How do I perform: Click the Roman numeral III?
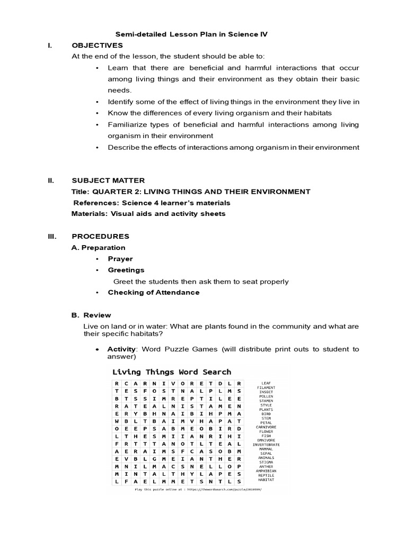tap(51, 237)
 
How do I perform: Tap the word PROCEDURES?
tap(100, 237)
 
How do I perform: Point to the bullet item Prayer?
tap(120, 259)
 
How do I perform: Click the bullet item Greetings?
tap(126, 270)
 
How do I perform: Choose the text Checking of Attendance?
tap(154, 292)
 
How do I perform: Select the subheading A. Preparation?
tap(99, 248)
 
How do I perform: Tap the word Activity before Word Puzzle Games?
tap(121, 349)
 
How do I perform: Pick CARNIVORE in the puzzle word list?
tap(266, 427)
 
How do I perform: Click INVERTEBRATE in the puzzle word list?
tap(266, 445)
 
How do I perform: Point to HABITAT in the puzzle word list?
tap(266, 480)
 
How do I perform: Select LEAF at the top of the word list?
tap(266, 383)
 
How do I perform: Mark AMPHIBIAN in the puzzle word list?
tap(266, 471)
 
